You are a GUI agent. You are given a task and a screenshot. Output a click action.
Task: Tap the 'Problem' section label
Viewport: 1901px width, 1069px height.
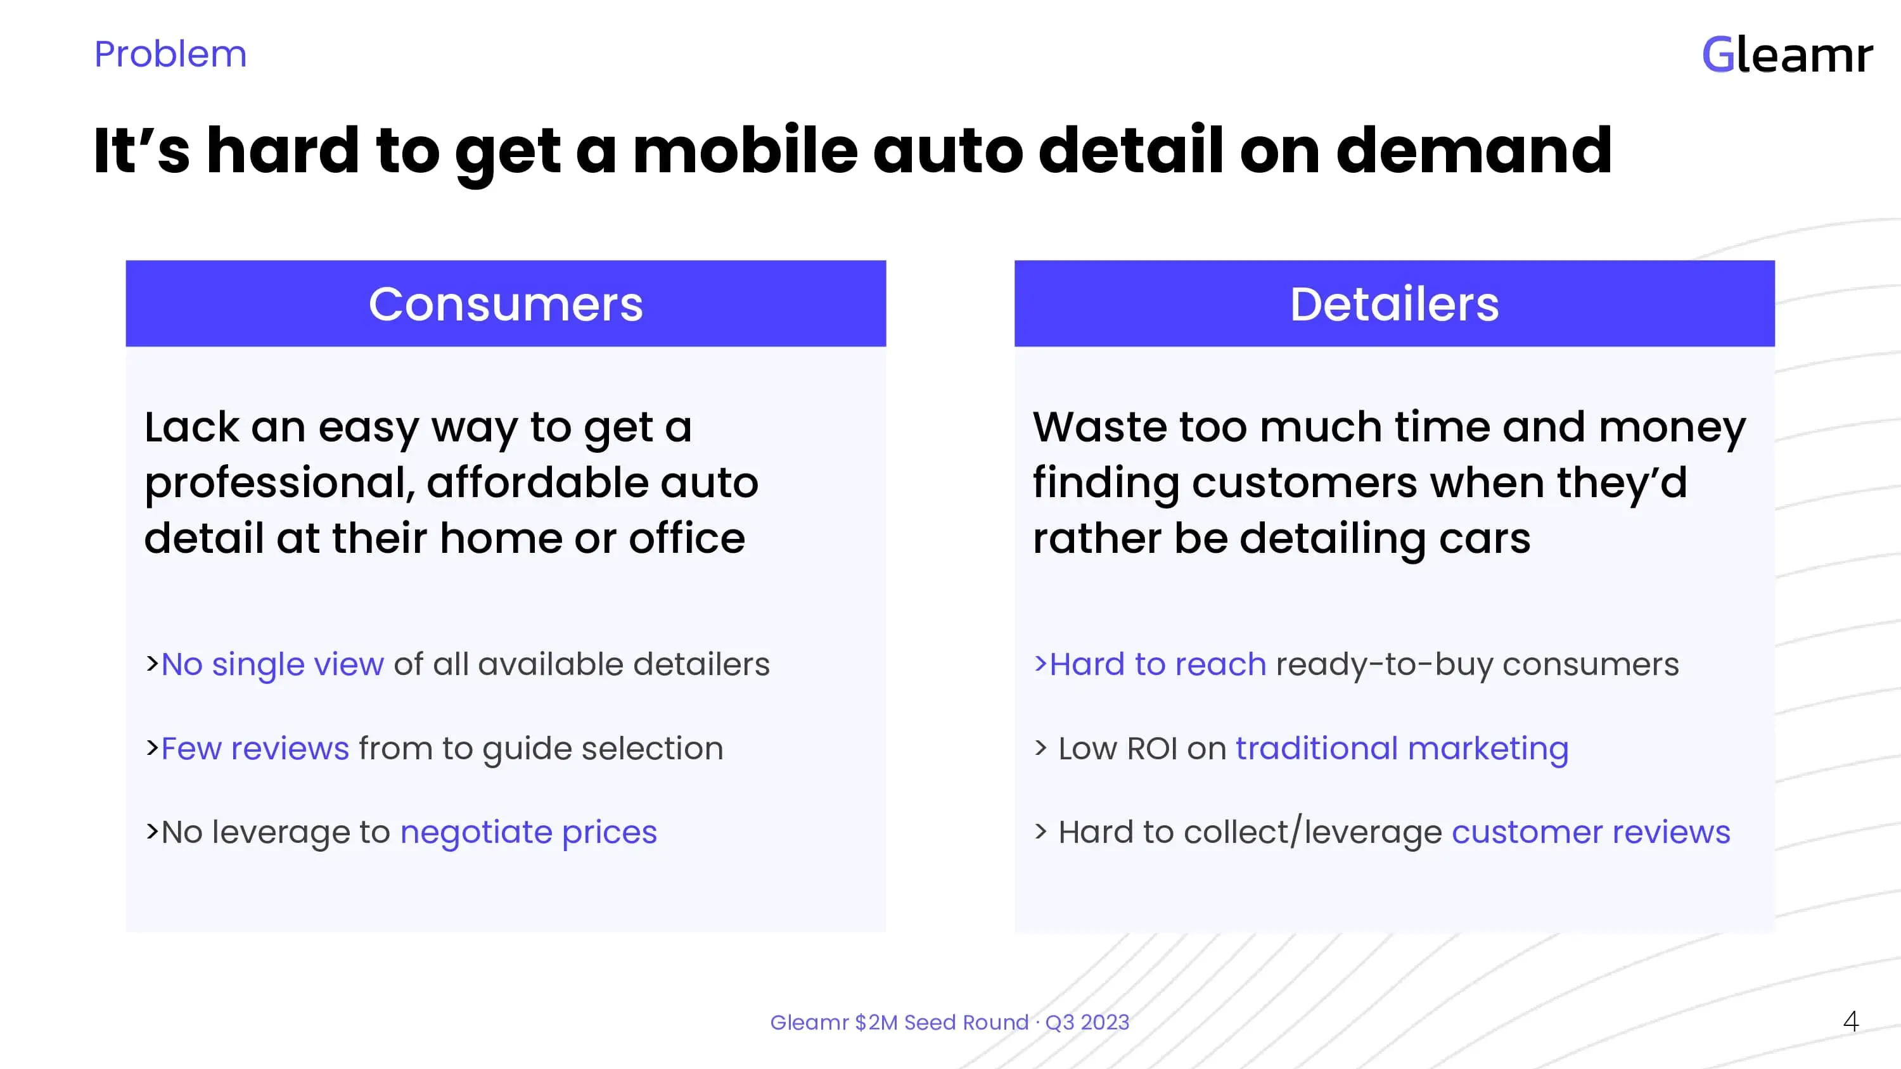click(170, 54)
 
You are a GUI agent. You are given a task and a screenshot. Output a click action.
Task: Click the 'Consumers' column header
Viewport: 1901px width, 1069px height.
click(506, 304)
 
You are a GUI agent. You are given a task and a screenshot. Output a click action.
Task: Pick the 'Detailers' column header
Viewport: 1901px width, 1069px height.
click(1394, 304)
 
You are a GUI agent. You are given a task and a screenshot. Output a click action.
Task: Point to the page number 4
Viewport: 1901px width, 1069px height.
click(1851, 1022)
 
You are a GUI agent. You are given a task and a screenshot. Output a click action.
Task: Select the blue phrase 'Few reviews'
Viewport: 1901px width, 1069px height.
click(255, 748)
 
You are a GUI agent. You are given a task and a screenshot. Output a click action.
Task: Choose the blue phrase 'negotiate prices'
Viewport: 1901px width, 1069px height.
click(528, 832)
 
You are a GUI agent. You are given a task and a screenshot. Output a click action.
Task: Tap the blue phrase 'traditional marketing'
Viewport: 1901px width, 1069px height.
click(1402, 748)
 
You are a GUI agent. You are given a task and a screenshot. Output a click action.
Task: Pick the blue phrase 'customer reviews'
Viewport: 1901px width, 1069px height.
click(1591, 832)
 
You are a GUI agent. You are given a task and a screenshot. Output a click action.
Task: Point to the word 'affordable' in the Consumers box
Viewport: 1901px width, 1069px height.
click(537, 483)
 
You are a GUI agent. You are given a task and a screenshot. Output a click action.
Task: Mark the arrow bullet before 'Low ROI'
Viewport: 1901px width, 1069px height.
click(1040, 748)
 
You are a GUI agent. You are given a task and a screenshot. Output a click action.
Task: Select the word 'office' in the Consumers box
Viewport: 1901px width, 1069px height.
click(686, 538)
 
